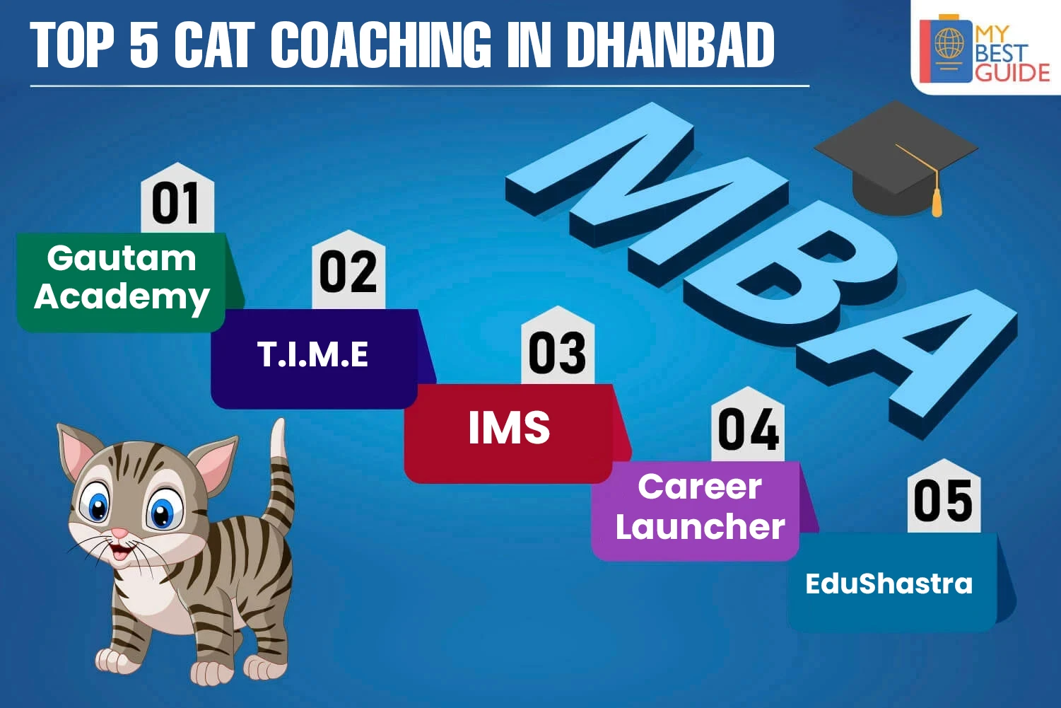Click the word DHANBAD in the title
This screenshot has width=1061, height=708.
671,45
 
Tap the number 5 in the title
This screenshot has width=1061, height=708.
144,45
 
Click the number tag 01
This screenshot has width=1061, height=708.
177,197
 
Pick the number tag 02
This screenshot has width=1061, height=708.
348,269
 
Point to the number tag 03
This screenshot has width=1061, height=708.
558,345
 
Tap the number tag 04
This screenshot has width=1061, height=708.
749,424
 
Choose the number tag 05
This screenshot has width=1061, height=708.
944,497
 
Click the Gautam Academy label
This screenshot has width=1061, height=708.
122,278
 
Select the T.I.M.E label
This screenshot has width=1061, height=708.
312,354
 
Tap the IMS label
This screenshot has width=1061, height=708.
509,427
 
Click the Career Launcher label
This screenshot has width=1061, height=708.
700,506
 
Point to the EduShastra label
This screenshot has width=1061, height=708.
889,584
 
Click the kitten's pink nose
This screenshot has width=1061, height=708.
119,533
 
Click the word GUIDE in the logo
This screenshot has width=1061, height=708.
1012,73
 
